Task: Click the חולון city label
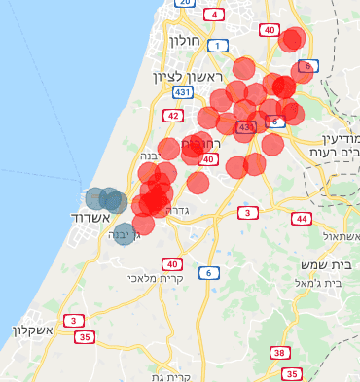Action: [x=184, y=42]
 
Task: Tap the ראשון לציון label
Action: [x=188, y=76]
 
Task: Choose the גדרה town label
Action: [x=178, y=210]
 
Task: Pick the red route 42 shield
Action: [x=173, y=116]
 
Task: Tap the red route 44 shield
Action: [x=303, y=219]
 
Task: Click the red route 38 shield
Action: [x=280, y=353]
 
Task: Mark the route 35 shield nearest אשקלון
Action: [x=86, y=337]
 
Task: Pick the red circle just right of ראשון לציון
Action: [x=243, y=68]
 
